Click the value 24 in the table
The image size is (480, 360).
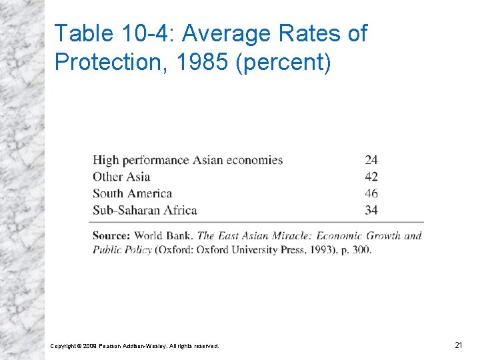[371, 160]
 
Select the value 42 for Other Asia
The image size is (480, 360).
[371, 177]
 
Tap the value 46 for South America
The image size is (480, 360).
[371, 193]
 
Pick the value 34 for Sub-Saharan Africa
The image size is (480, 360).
[371, 210]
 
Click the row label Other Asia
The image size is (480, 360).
[121, 177]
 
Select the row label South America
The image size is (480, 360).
[132, 193]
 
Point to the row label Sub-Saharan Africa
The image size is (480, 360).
[145, 210]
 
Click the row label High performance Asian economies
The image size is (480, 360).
[187, 160]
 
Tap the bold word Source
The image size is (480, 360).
[111, 235]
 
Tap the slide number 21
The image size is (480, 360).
[458, 345]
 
